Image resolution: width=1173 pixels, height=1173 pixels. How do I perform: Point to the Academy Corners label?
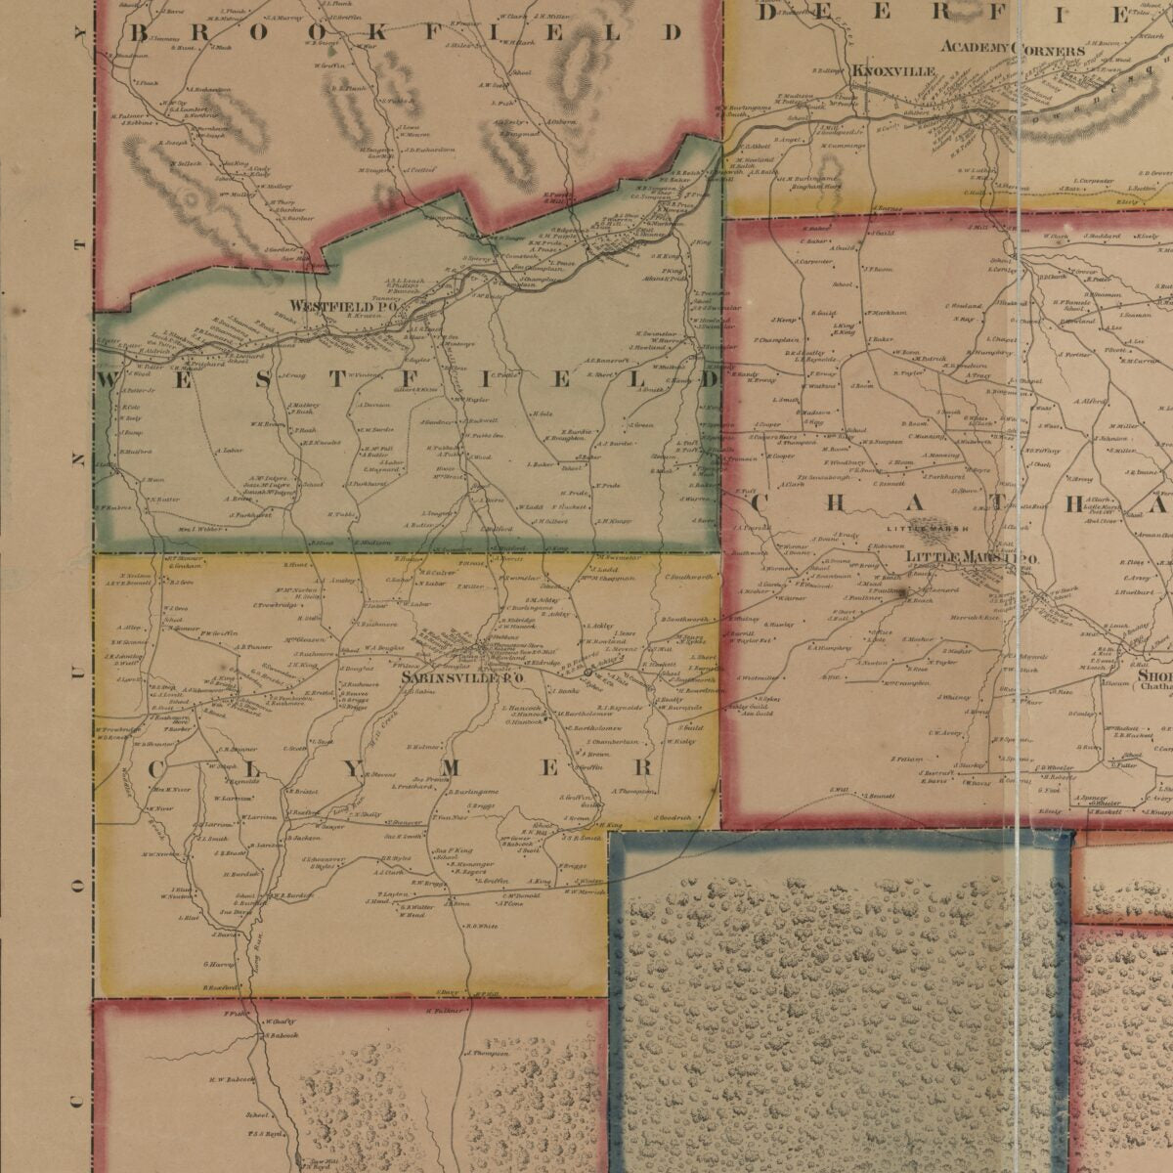point(1012,48)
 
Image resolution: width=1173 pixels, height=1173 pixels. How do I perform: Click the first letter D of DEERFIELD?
point(766,12)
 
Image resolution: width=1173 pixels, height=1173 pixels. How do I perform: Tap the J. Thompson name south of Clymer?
point(488,1055)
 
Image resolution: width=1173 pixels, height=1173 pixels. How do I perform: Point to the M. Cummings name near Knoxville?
point(844,146)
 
